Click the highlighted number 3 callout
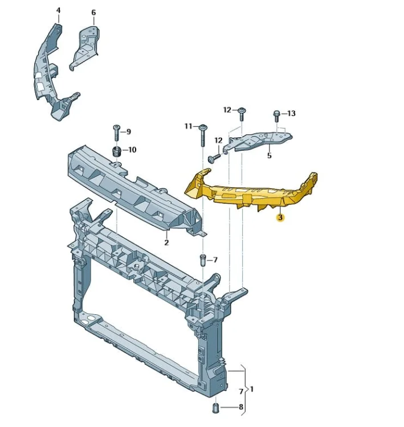280,217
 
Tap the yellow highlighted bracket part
251,192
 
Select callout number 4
58,10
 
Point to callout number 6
93,13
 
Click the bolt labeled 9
116,133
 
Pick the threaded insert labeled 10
117,151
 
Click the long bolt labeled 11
203,136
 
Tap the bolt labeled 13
277,116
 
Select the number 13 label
291,113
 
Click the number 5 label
270,155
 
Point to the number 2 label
166,242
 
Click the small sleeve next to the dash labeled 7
203,261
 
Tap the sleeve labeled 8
216,408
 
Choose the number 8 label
241,407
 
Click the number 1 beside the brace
252,389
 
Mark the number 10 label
132,150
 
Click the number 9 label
129,132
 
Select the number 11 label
189,126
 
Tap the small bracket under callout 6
84,48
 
